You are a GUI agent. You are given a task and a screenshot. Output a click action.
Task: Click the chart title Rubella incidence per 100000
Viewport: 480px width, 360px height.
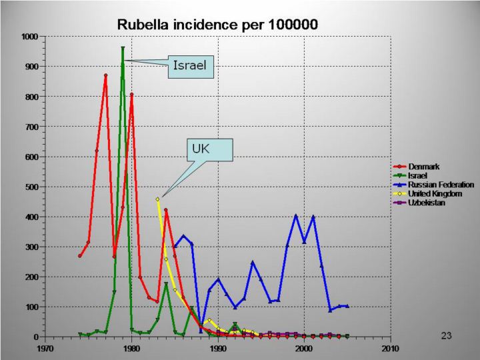pos(217,24)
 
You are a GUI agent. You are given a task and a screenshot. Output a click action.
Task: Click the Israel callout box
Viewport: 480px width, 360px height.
pos(190,65)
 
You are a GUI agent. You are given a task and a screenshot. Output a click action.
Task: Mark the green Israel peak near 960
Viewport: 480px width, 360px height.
pos(123,48)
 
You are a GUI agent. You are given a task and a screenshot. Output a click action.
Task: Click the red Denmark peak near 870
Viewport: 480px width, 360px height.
pos(105,75)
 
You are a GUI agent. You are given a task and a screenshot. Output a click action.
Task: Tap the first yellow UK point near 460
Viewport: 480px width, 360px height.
pos(157,199)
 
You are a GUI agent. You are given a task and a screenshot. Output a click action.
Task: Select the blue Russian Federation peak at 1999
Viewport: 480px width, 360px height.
pos(296,215)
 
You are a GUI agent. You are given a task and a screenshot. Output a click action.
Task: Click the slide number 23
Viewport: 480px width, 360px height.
pos(447,336)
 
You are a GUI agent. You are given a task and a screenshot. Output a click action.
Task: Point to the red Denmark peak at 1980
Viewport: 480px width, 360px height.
pos(131,95)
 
